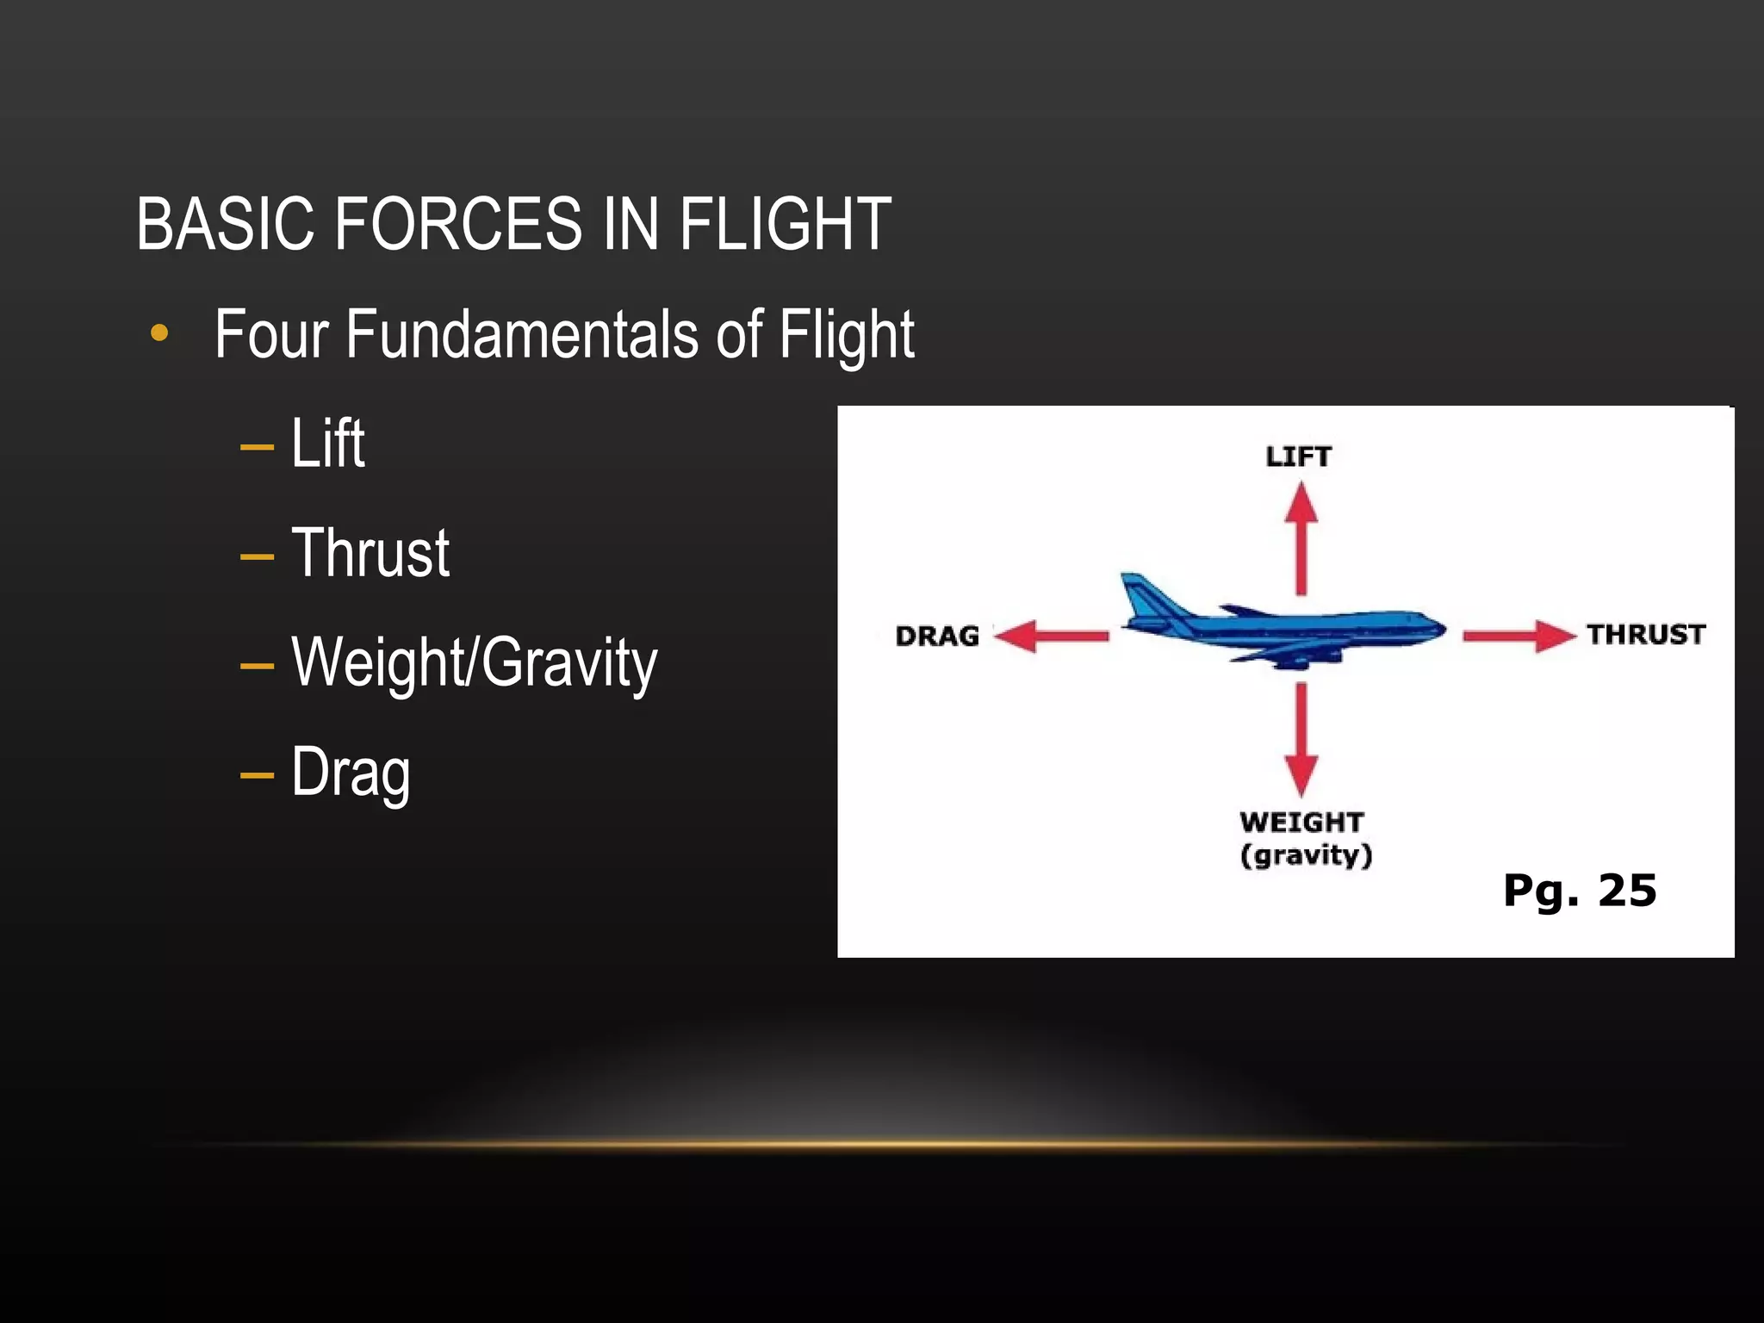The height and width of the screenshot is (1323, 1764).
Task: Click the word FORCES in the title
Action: click(457, 224)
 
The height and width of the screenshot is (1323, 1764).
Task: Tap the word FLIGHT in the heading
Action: click(785, 224)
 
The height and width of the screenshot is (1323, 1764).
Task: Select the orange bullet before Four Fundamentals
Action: click(159, 333)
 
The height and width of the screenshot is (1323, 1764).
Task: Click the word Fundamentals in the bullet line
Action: click(522, 334)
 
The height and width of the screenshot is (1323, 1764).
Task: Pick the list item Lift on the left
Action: click(327, 444)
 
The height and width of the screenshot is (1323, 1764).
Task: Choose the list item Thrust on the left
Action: click(370, 553)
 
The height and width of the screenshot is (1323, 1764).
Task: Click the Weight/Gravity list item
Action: click(474, 663)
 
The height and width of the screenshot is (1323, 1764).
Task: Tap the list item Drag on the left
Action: click(351, 773)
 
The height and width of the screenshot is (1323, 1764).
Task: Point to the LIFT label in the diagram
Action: click(1298, 457)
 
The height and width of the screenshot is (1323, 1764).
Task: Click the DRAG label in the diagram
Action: click(937, 637)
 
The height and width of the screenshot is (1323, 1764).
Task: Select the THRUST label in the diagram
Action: click(1646, 635)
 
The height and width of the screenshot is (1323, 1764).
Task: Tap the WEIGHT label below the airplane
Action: click(1301, 823)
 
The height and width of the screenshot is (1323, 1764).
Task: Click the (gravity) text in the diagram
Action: click(1306, 855)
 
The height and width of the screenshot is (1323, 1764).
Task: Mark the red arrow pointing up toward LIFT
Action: click(1301, 538)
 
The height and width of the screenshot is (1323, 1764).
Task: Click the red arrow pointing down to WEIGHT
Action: click(1301, 741)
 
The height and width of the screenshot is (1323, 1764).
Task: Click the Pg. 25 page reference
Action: click(1579, 891)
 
